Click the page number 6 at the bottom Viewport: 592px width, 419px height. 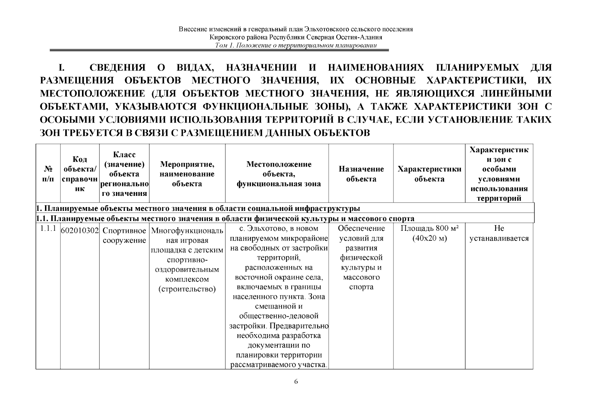296,381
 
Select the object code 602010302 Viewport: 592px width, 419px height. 80,231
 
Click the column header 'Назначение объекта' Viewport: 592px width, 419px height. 361,174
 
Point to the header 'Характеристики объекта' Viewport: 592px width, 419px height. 429,174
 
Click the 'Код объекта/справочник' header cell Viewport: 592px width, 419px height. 80,174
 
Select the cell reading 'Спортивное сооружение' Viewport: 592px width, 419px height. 124,236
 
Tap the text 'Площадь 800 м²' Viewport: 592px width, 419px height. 429,229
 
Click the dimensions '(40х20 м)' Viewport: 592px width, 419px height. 429,238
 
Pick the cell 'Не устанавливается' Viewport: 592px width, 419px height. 499,234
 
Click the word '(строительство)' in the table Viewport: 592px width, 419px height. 187,289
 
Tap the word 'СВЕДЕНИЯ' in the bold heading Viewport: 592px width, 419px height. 117,68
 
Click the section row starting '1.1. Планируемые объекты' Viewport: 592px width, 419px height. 225,219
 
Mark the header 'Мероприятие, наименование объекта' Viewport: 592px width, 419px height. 187,174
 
